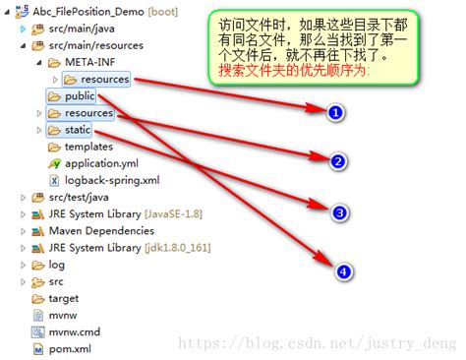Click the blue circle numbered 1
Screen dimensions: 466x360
335,113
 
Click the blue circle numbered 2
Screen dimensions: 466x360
338,162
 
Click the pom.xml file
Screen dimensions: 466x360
70,348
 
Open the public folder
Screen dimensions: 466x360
79,96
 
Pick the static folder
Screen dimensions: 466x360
77,130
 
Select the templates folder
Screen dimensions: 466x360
88,147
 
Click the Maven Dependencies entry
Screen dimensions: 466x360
101,231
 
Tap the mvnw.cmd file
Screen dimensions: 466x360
74,331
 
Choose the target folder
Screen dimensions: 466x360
63,298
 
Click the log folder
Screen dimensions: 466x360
56,265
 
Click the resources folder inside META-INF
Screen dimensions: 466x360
104,79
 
